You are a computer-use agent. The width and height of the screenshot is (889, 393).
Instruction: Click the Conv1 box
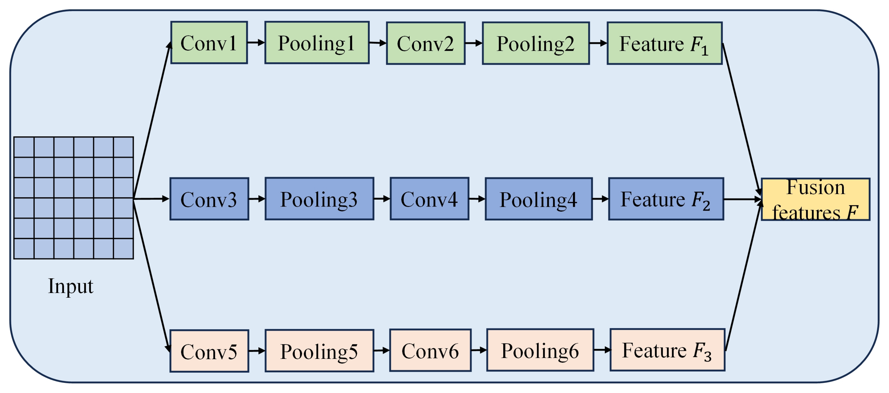[209, 43]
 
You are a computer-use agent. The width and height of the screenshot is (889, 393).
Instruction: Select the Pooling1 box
[317, 43]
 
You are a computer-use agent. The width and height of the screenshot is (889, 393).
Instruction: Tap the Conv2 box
[426, 43]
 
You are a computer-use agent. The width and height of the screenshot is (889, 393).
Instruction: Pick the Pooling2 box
[535, 43]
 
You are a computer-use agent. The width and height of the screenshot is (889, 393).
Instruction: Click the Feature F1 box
[664, 43]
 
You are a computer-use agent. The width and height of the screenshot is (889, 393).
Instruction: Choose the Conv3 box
[209, 199]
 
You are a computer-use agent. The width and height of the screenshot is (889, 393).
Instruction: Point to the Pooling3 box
[319, 199]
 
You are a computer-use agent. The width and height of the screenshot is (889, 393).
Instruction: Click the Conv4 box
[429, 199]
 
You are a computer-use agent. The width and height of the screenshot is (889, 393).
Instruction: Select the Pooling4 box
[539, 199]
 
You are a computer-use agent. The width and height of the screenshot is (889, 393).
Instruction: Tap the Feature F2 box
[666, 199]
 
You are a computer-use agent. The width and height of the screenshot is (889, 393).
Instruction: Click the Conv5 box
[209, 351]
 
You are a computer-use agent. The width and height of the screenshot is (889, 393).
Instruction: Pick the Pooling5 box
[319, 351]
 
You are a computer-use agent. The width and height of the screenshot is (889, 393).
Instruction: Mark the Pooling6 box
[540, 350]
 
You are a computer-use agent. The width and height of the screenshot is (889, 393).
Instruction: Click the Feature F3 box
[667, 350]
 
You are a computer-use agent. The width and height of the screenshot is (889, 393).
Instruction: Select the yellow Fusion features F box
[816, 199]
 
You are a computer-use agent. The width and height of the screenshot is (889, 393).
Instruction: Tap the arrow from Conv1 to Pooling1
[256, 43]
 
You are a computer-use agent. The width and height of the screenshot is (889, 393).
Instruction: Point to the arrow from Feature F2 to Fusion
[742, 199]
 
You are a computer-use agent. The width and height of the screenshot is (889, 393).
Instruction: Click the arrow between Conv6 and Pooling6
[479, 350]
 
